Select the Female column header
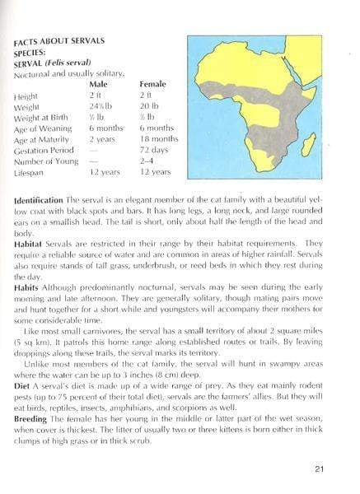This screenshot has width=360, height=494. click(x=152, y=85)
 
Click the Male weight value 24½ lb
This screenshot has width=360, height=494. click(x=101, y=106)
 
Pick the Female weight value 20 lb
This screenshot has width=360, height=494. click(x=150, y=106)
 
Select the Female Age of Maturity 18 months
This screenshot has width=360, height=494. click(x=158, y=139)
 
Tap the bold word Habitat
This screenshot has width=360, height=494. click(x=30, y=243)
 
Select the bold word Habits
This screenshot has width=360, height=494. click(x=28, y=287)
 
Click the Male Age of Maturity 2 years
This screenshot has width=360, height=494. click(x=102, y=139)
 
